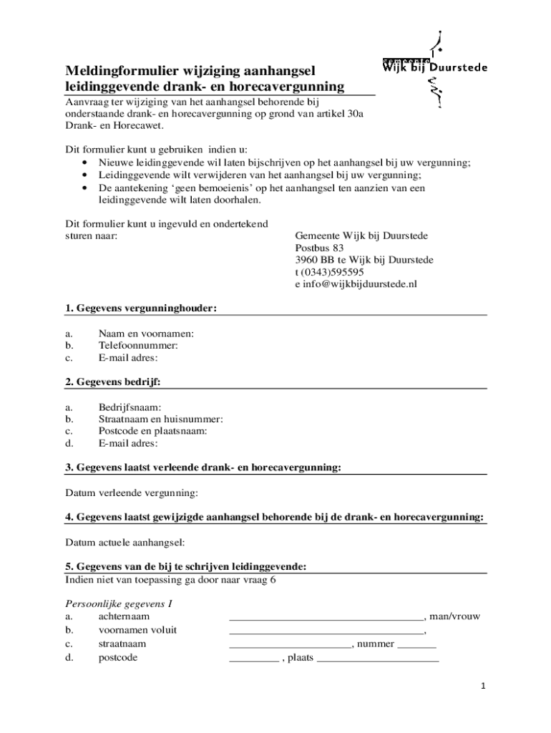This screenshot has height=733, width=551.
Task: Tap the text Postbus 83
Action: click(x=320, y=248)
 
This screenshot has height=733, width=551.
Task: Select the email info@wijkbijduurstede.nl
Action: click(x=356, y=284)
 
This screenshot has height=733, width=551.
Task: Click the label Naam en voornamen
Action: click(x=146, y=333)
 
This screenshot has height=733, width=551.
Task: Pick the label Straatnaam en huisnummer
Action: click(x=160, y=419)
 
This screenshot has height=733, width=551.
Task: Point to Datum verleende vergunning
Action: click(x=132, y=493)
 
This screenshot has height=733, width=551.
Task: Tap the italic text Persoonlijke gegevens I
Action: click(x=119, y=603)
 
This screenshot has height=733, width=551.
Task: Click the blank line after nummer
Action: click(x=416, y=646)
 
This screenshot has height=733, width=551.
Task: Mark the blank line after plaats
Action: click(x=377, y=660)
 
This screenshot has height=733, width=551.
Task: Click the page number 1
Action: click(x=483, y=686)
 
